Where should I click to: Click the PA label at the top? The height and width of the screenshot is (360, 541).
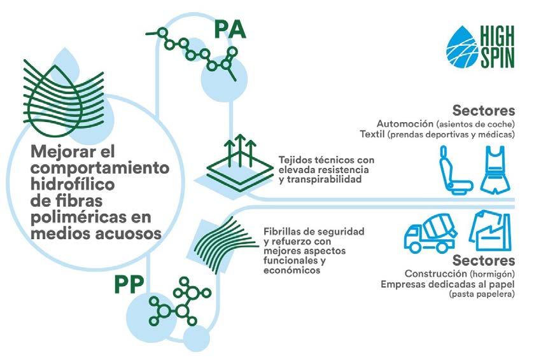pyautogui.click(x=230, y=29)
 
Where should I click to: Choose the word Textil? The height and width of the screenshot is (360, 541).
pyautogui.click(x=377, y=134)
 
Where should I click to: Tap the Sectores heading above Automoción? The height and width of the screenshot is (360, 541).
pyautogui.click(x=483, y=109)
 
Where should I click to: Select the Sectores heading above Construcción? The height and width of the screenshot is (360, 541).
pyautogui.click(x=483, y=260)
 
